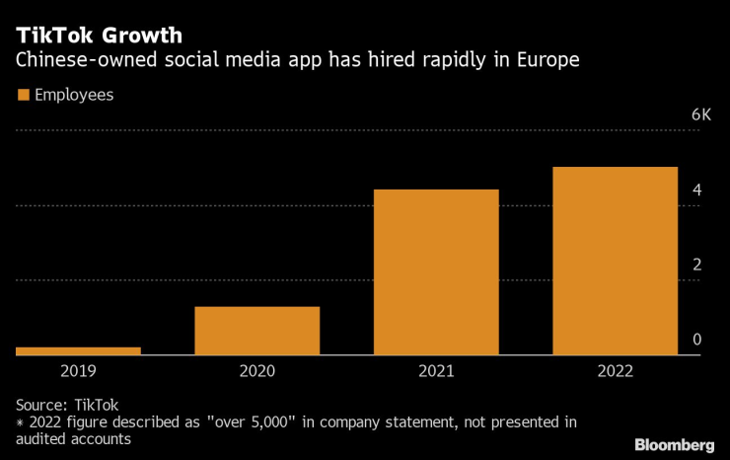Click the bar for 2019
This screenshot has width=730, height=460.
[78, 350]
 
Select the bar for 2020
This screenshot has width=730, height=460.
[256, 331]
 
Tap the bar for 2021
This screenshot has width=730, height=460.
[435, 271]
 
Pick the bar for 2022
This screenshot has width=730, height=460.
[615, 261]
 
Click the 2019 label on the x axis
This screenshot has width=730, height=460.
[78, 371]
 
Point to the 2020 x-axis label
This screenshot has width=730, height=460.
[256, 371]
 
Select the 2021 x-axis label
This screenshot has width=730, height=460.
[435, 371]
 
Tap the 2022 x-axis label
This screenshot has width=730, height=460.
[615, 371]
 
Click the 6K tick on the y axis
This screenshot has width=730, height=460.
[700, 115]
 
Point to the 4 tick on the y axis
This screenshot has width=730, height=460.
[696, 190]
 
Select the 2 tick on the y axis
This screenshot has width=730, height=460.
[696, 265]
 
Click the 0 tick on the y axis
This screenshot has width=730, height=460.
[696, 340]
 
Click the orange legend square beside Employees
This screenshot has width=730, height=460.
[23, 96]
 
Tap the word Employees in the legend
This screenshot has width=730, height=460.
[74, 96]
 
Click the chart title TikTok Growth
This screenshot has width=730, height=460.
[98, 36]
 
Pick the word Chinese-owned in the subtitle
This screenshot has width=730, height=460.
[79, 61]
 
